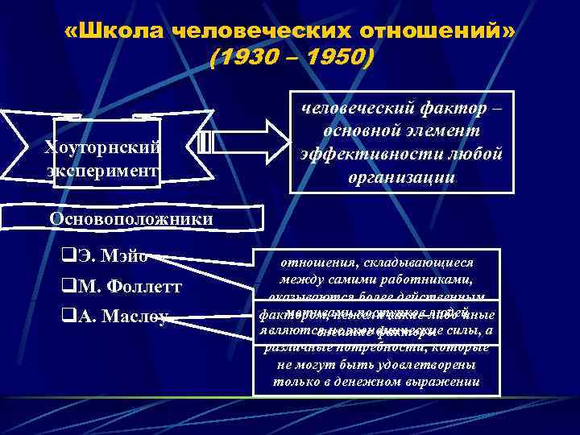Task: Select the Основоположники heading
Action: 131,219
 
